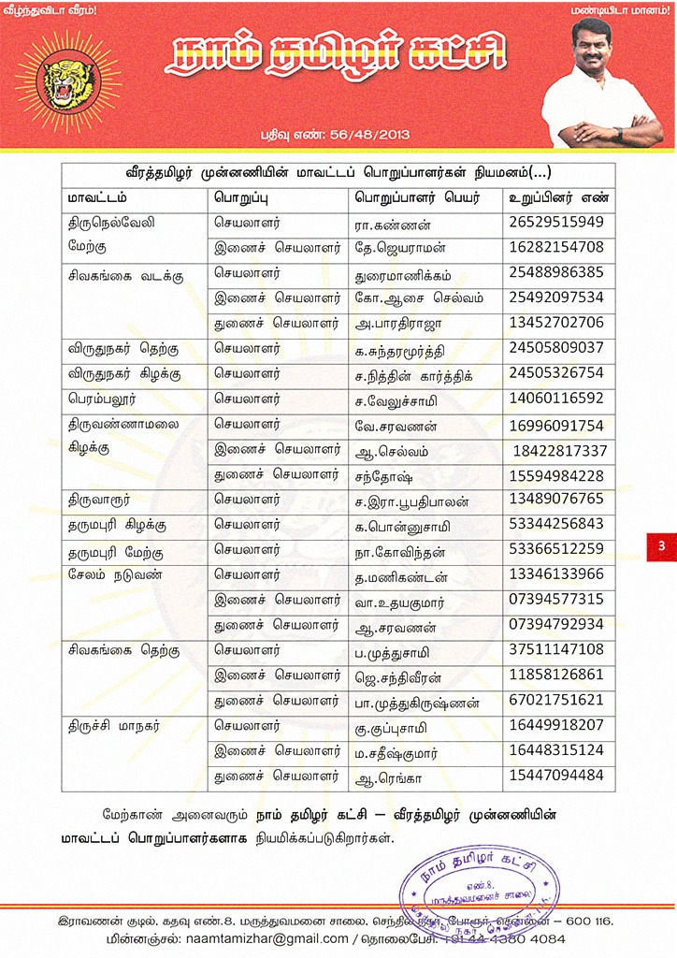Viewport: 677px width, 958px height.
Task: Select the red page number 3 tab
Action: coord(661,545)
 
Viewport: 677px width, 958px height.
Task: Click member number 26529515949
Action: coord(556,223)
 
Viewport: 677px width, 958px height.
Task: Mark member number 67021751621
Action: coord(556,700)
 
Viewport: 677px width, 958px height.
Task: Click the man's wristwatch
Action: coord(617,134)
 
